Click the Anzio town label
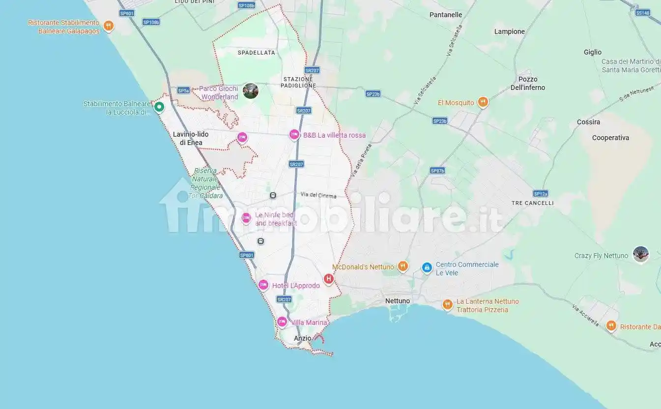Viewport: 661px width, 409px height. click(302, 338)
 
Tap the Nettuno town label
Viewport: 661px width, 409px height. click(398, 301)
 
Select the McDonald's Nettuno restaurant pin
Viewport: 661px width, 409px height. click(402, 266)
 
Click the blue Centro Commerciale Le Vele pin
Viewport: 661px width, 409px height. click(427, 267)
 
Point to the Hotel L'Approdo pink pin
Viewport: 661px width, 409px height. click(263, 285)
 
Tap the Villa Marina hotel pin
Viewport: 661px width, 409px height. click(282, 321)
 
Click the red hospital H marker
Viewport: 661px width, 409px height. click(329, 279)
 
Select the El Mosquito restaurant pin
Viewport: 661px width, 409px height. click(483, 102)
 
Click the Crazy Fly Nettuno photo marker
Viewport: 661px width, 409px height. click(640, 254)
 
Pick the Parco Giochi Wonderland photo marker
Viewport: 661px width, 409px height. click(251, 91)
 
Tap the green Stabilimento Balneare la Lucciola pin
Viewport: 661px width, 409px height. click(159, 106)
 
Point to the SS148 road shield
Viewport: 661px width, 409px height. click(642, 13)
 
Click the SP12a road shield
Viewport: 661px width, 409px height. click(540, 194)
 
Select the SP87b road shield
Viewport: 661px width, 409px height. click(437, 171)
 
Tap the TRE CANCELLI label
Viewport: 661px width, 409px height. click(532, 203)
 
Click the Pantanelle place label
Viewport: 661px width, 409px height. click(446, 15)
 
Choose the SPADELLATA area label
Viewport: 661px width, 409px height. click(257, 53)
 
